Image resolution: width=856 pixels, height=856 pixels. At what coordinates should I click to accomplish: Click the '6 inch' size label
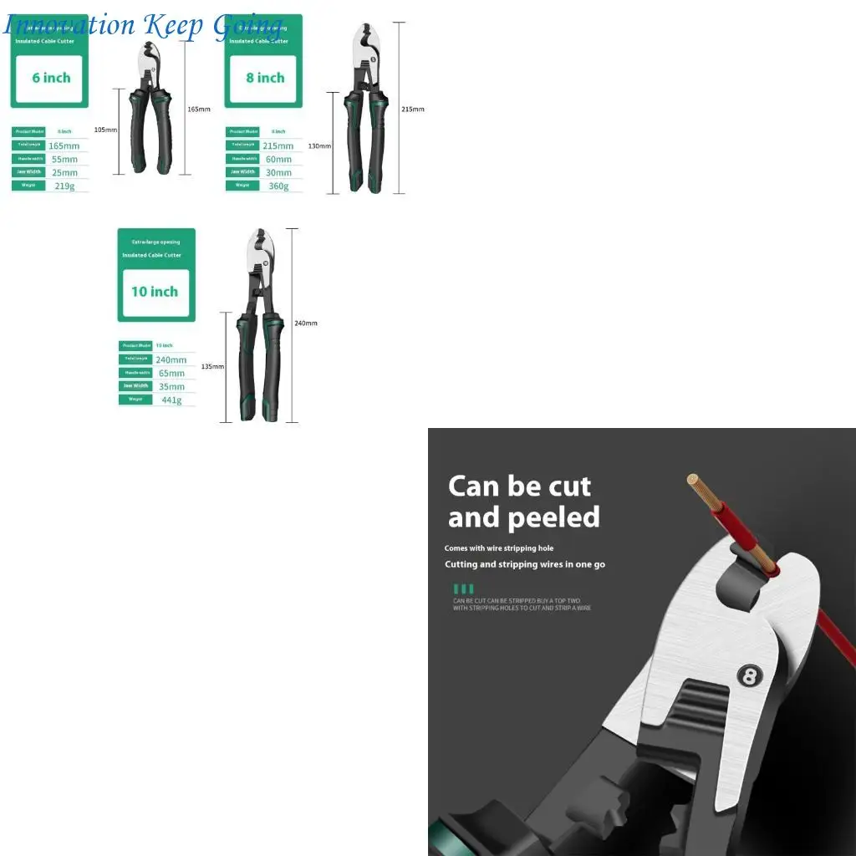[x=51, y=78]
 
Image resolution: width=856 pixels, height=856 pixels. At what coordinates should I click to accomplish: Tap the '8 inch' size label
[x=265, y=78]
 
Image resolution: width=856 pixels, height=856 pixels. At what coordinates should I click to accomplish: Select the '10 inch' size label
[x=155, y=292]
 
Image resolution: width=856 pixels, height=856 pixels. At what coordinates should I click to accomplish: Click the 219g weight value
[x=65, y=186]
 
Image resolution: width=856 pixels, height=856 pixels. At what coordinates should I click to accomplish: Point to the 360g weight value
[x=279, y=186]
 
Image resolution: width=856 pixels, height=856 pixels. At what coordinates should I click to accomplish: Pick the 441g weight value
[x=171, y=400]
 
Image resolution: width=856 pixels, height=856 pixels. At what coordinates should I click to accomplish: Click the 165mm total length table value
[x=64, y=145]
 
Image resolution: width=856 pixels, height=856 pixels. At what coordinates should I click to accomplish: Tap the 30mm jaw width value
[x=278, y=172]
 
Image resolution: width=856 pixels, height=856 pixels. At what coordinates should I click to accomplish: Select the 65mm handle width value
[x=171, y=373]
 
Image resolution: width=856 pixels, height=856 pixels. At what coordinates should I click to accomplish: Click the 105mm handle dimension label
[x=105, y=130]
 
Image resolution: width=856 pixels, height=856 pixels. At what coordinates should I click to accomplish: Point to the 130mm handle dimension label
[x=319, y=146]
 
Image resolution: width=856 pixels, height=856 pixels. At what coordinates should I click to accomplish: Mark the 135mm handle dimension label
[x=212, y=366]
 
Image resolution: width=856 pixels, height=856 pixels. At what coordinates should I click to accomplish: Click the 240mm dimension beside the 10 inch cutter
[x=306, y=323]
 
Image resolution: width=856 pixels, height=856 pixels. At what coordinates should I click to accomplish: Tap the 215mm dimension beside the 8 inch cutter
[x=413, y=109]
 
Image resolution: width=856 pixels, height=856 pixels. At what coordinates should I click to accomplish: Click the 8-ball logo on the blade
[x=749, y=675]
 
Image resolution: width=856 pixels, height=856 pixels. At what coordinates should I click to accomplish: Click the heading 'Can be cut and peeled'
[x=523, y=502]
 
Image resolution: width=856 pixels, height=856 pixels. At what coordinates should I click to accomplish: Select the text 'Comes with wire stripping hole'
[x=499, y=548]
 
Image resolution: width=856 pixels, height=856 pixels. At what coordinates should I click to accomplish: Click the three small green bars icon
[x=463, y=588]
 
